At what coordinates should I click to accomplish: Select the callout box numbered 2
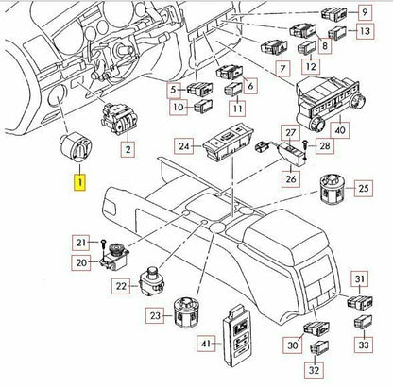coord(128,147)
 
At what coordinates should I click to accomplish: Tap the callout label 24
coord(185,146)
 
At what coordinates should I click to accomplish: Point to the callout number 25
coord(363,190)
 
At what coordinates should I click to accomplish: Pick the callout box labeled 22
coord(121,285)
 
